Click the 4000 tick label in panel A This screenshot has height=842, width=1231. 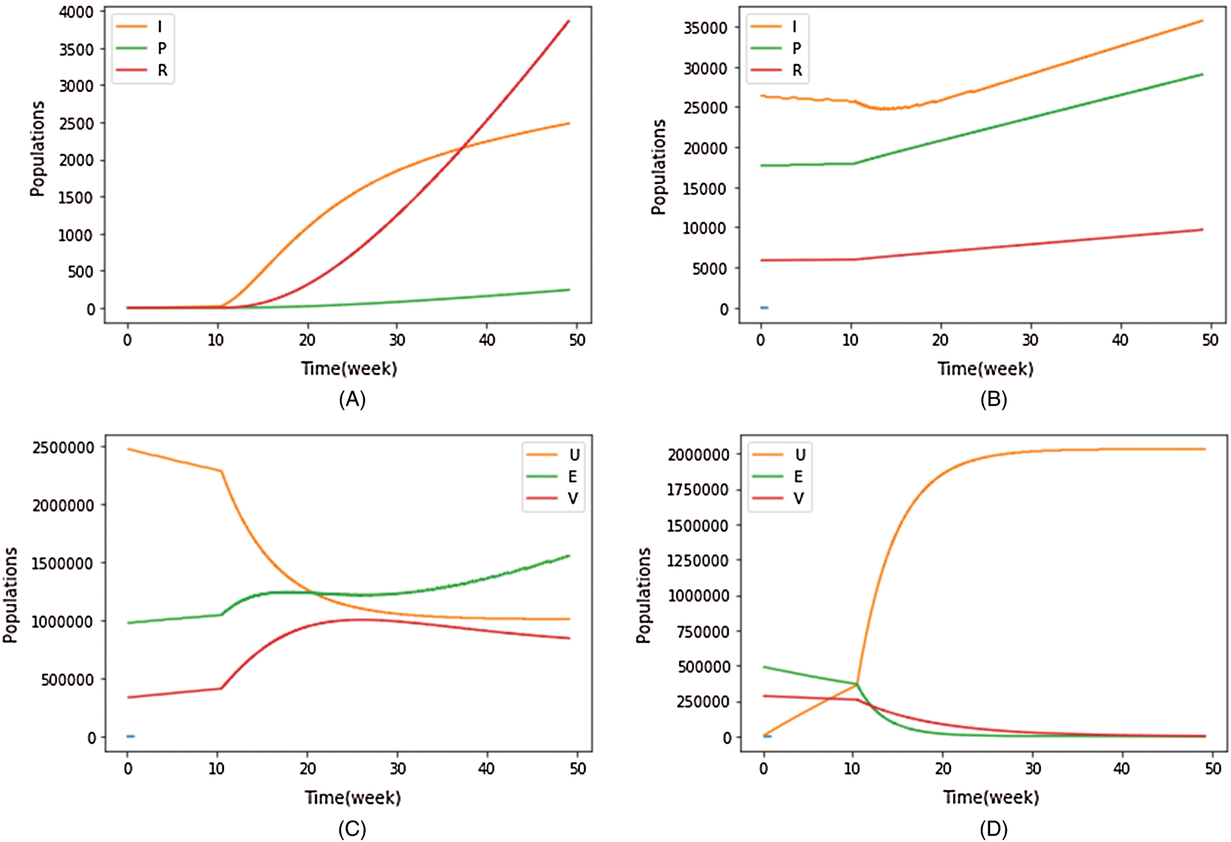click(76, 12)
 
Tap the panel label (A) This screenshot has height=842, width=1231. click(352, 399)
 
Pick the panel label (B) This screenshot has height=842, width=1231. click(993, 399)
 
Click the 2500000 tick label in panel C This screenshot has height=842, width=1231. click(64, 448)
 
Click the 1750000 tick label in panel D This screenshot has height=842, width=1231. click(697, 490)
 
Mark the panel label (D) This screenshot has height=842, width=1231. click(993, 829)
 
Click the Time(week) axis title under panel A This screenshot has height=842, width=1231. click(349, 369)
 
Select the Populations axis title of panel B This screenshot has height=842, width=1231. click(659, 167)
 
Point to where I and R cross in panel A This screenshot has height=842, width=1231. click(462, 147)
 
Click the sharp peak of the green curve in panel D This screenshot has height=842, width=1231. click(856, 684)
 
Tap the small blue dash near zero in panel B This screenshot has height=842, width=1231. click(764, 308)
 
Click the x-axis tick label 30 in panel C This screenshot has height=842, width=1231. click(398, 769)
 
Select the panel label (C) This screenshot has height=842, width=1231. click(352, 829)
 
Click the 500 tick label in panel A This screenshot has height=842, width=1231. click(81, 272)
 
